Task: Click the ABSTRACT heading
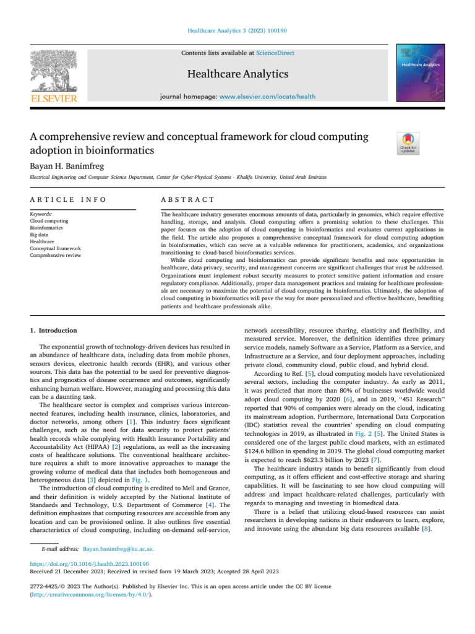pyautogui.click(x=187, y=199)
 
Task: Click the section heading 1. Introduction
pyautogui.click(x=54, y=331)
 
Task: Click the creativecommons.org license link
pyautogui.click(x=90, y=593)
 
